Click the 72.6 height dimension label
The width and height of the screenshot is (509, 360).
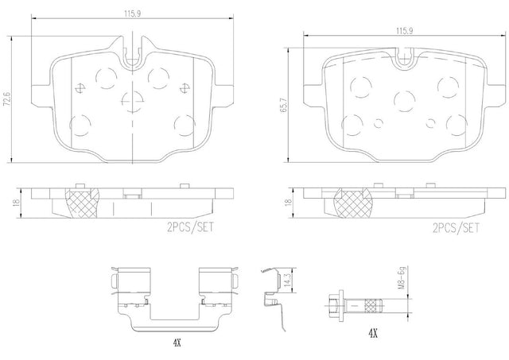point(6,99)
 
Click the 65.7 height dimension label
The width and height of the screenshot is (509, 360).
point(284,105)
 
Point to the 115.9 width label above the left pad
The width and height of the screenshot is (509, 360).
point(133,14)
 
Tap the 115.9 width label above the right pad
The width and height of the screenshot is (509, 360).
point(404,31)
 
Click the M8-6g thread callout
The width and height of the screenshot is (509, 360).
point(402,277)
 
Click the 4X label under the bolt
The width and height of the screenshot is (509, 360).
point(373,333)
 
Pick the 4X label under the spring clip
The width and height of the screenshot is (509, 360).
point(177,343)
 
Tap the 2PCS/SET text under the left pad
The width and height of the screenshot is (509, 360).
point(191,227)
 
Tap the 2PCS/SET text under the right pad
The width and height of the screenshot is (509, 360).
point(456,228)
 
